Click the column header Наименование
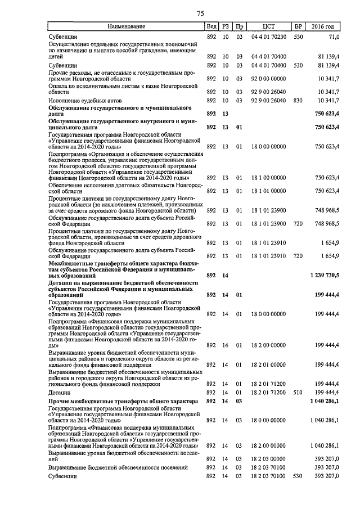(x=127, y=26)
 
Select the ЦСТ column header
(x=268, y=26)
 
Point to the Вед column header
(x=211, y=26)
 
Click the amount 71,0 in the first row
(x=334, y=37)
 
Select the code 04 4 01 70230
(x=268, y=37)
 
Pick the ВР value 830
(x=298, y=100)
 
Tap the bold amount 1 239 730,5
(x=324, y=275)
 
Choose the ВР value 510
(x=298, y=391)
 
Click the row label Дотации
(x=60, y=392)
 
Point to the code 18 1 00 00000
(x=268, y=177)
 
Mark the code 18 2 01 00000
(x=268, y=364)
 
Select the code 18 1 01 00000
(x=268, y=190)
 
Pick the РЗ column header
(x=226, y=26)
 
